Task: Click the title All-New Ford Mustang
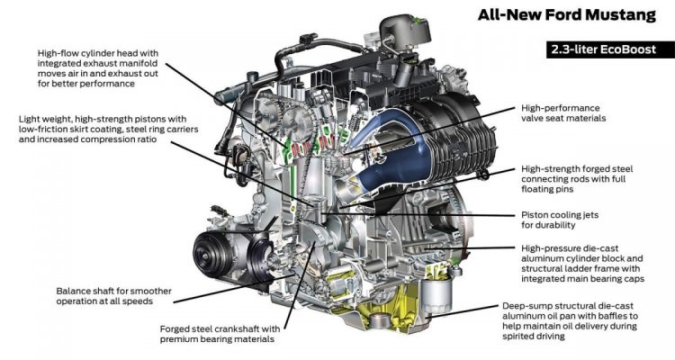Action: pyautogui.click(x=566, y=15)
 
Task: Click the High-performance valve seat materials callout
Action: pyautogui.click(x=563, y=112)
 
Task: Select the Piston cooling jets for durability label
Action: pyautogui.click(x=560, y=220)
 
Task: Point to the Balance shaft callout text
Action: pyautogui.click(x=113, y=296)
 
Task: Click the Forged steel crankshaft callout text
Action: pyautogui.click(x=220, y=334)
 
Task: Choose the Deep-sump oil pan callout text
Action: pyautogui.click(x=570, y=320)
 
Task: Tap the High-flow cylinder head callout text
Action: pyautogui.click(x=98, y=68)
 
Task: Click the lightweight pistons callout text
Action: pyautogui.click(x=109, y=130)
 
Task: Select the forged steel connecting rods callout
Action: pyautogui.click(x=577, y=179)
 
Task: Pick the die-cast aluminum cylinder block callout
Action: pyautogui.click(x=582, y=264)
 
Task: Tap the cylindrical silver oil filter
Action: pyautogui.click(x=436, y=296)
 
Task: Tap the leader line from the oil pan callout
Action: pyautogui.click(x=463, y=311)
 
